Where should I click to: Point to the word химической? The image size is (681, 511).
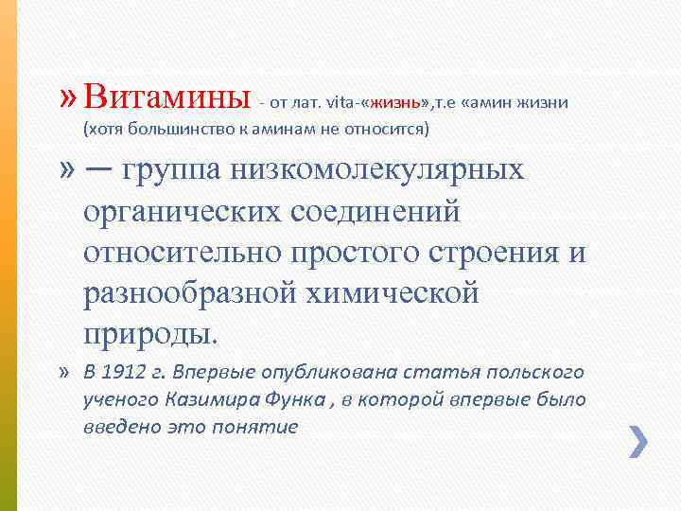(x=401, y=295)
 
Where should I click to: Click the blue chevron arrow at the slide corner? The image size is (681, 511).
(x=638, y=442)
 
